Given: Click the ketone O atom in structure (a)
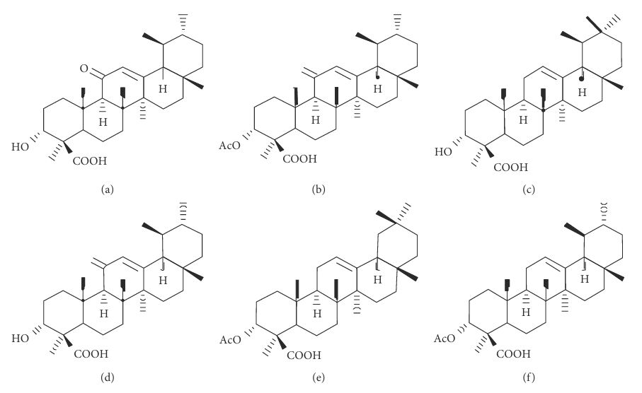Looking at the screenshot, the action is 84,69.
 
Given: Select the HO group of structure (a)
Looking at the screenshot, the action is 21,147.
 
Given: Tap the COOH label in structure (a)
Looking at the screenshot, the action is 90,161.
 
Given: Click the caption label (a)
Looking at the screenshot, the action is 108,189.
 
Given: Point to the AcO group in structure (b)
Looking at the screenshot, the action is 230,146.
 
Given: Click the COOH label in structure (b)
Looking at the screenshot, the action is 299,158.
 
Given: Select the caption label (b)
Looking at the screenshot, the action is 318,189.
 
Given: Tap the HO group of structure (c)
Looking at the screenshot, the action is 443,152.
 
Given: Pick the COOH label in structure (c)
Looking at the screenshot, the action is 510,168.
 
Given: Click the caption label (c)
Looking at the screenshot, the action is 529,189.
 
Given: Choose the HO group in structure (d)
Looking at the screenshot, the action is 21,339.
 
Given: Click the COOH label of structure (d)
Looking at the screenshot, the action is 91,353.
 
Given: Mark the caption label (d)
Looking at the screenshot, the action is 108,377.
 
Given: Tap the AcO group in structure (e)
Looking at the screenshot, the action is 231,340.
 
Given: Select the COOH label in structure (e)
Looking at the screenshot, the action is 304,356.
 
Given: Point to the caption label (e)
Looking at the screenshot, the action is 318,377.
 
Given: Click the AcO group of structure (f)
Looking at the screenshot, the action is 445,339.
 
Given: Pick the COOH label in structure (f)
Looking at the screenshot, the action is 513,353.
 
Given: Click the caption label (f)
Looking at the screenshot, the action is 529,377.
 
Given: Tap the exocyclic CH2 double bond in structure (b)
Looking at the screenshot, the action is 309,74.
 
